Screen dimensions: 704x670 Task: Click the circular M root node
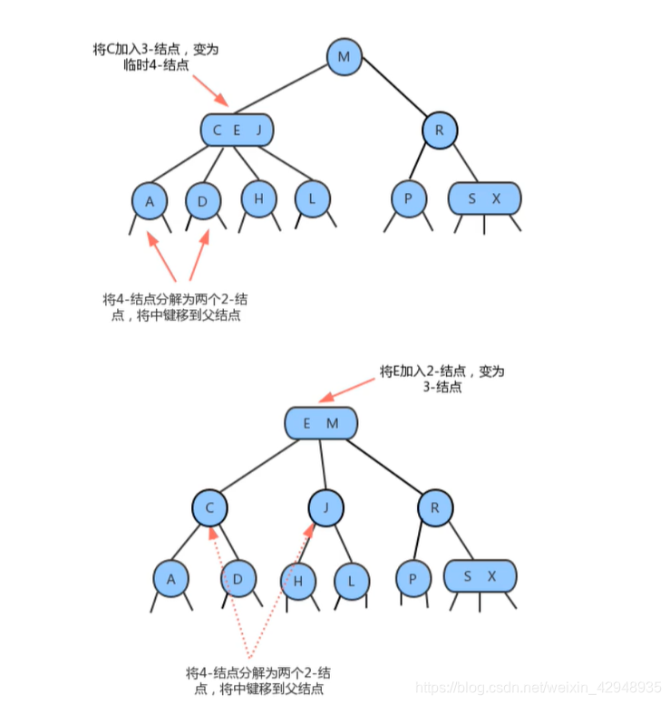[x=344, y=58]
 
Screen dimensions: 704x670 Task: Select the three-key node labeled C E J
[x=237, y=130]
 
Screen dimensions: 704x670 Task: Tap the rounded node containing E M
[x=321, y=422]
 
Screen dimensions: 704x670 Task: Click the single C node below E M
[x=209, y=507]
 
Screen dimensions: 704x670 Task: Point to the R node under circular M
[x=439, y=130]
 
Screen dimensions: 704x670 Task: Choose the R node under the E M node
[x=435, y=507]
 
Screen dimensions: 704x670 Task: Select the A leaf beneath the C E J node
[x=150, y=201]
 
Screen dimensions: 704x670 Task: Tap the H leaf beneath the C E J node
[x=258, y=198]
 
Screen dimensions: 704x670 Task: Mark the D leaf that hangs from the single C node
[x=238, y=577]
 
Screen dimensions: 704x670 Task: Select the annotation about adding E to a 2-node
[x=442, y=379]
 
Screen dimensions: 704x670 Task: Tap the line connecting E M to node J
[x=324, y=464]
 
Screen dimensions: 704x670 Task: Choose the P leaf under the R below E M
[x=413, y=578]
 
